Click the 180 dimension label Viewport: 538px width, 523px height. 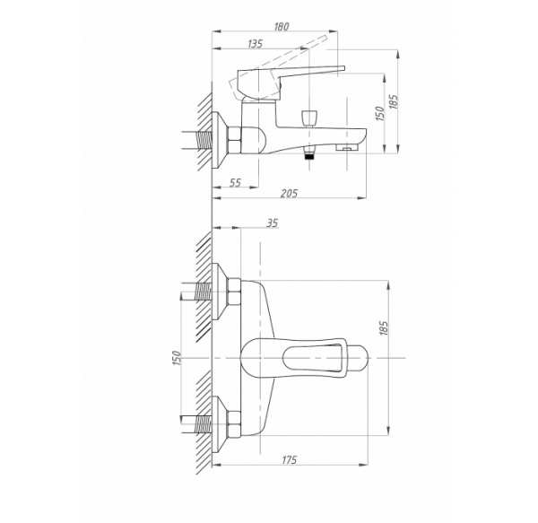click(282, 26)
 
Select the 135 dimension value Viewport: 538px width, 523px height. click(255, 44)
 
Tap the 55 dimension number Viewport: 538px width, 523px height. click(235, 183)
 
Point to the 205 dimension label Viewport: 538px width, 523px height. click(289, 193)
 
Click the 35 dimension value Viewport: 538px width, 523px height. click(272, 223)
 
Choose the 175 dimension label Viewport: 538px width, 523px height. click(289, 460)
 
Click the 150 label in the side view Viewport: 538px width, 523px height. click(380, 114)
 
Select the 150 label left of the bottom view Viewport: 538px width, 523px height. click(177, 358)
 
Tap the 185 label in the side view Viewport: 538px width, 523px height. click(394, 102)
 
